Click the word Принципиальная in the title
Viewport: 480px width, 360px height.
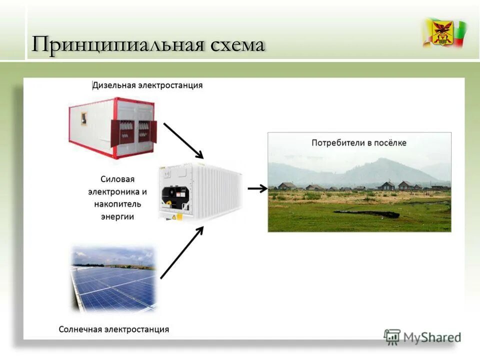(x=118, y=45)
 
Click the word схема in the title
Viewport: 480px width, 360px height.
(x=237, y=45)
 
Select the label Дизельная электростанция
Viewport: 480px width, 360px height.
(x=148, y=85)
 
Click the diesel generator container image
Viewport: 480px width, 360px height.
(x=113, y=127)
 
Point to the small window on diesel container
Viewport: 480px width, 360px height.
(x=84, y=118)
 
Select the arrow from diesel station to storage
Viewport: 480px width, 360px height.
(x=183, y=140)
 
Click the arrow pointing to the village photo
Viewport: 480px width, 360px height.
(x=257, y=188)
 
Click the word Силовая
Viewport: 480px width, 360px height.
(x=117, y=179)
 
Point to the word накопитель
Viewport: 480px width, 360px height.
(x=117, y=204)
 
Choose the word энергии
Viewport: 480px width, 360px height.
(x=117, y=216)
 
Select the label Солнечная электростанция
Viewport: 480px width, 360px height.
(x=113, y=329)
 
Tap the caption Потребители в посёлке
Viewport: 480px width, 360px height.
(x=359, y=143)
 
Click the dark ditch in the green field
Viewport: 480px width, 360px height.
(x=367, y=214)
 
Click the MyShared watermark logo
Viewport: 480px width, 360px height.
(x=422, y=337)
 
